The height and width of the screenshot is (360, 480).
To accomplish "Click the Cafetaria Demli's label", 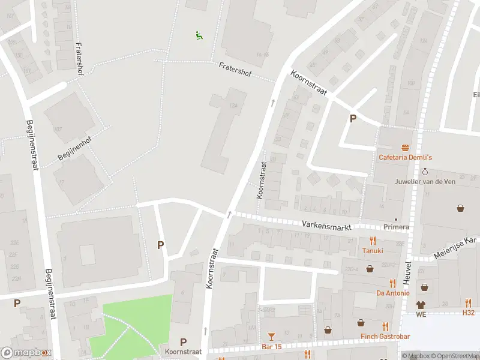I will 405,158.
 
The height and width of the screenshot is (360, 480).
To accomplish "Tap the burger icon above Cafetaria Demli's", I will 406,148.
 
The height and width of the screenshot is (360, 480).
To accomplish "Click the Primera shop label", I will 397,227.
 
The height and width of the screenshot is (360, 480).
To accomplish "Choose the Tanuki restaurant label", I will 372,251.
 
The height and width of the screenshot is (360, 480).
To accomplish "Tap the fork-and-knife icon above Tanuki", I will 372,241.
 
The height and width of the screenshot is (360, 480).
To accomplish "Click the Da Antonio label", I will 392,293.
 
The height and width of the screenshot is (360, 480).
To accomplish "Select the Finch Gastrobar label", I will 385,337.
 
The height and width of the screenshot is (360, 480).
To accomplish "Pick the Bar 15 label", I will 272,347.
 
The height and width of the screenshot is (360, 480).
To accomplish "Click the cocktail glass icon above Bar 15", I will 271,337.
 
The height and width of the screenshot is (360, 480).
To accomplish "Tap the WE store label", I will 421,314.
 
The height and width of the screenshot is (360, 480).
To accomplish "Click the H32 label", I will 468,313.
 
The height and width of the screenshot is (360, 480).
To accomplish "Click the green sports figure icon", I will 199,35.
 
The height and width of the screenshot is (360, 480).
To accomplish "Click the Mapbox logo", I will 26,353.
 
